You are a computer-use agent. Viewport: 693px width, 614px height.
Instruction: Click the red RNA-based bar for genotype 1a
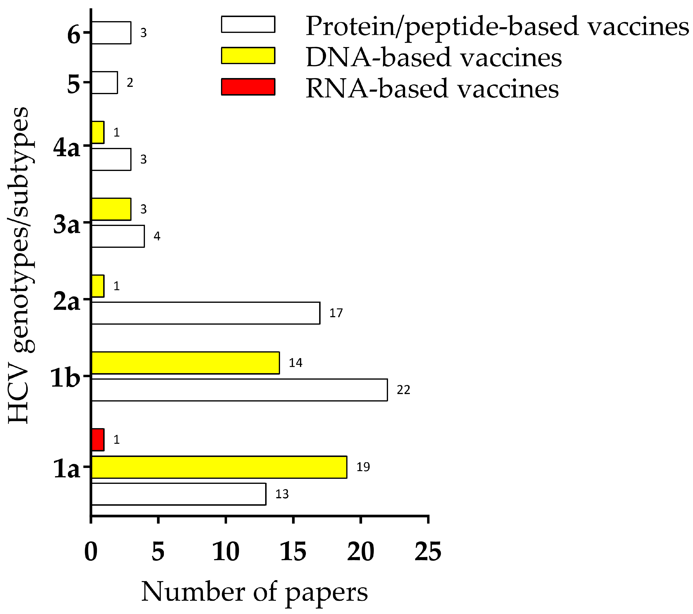(x=98, y=440)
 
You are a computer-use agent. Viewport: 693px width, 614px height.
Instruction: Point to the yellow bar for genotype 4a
(x=98, y=132)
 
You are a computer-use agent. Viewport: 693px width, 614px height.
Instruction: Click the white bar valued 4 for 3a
(x=118, y=236)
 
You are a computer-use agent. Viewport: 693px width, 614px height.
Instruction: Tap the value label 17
(x=336, y=313)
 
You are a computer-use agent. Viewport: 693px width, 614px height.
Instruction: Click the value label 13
(x=282, y=494)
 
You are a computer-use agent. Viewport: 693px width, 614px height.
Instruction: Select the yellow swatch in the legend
(x=248, y=55)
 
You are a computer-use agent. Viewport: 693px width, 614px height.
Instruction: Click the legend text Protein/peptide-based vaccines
(x=497, y=26)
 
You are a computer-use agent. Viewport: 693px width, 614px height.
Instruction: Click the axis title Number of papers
(x=254, y=592)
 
